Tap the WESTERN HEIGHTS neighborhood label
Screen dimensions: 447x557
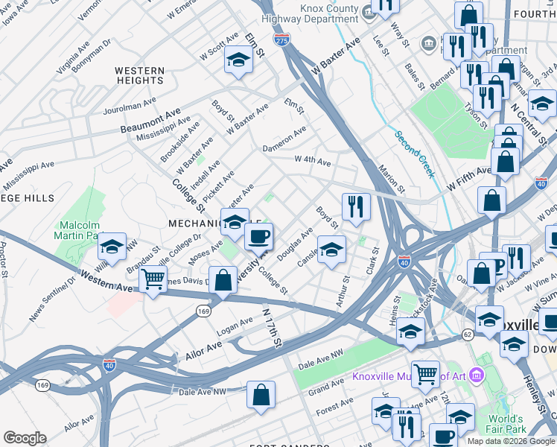click(139, 76)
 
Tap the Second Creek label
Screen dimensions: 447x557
click(414, 154)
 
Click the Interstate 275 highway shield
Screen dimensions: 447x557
click(281, 39)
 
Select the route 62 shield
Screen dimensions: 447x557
click(467, 336)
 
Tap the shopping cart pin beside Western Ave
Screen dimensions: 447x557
click(153, 280)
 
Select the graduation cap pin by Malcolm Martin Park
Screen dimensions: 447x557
click(112, 247)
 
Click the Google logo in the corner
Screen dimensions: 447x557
click(25, 438)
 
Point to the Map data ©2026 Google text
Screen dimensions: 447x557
click(510, 441)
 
